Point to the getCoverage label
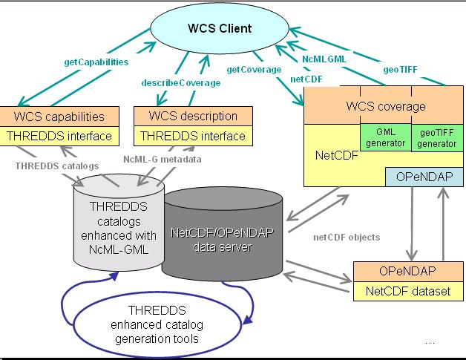(254, 69)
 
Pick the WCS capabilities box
(59, 117)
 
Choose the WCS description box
(189, 117)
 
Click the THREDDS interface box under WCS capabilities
(59, 136)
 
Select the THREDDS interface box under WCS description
(189, 136)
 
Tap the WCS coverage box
(386, 106)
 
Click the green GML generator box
(385, 137)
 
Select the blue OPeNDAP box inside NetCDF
(424, 177)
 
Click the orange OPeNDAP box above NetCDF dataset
(401, 272)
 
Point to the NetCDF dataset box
(401, 292)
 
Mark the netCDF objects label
(348, 237)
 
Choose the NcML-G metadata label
(161, 159)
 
